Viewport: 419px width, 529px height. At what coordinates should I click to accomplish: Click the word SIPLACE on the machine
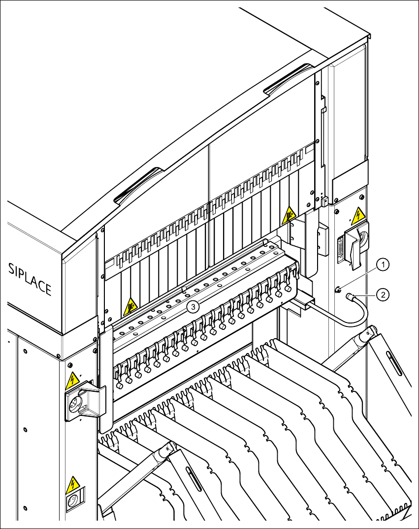point(30,279)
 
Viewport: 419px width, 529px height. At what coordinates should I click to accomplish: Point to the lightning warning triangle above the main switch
point(357,215)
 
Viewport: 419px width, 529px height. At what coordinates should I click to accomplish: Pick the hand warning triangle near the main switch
point(289,215)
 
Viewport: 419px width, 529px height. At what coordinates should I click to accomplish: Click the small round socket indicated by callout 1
point(338,290)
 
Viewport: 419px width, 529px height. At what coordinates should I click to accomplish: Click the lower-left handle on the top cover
point(139,185)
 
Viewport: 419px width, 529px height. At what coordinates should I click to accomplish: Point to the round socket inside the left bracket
point(77,405)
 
